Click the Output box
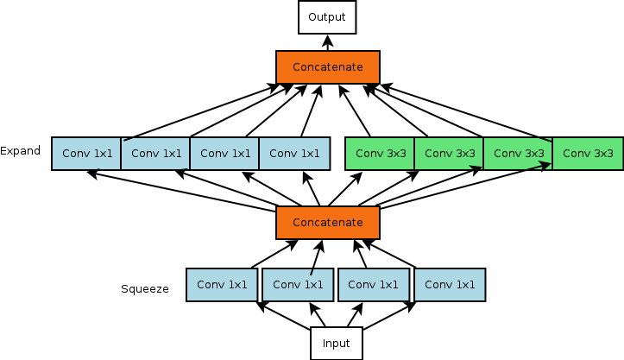(x=327, y=17)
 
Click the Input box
(x=337, y=344)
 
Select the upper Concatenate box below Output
(x=328, y=66)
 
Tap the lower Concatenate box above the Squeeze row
(x=328, y=222)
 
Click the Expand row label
(x=21, y=151)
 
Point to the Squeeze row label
(x=145, y=288)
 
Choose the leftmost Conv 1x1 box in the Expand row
(x=86, y=154)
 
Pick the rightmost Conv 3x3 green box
(x=588, y=154)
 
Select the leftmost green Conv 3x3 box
(x=380, y=154)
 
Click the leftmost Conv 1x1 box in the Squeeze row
(x=222, y=285)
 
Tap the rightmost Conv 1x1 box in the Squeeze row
(x=450, y=285)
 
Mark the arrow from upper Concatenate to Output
(x=327, y=42)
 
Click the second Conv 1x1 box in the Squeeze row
(x=298, y=285)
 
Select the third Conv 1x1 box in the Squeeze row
(x=374, y=285)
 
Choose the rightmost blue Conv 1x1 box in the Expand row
(x=294, y=154)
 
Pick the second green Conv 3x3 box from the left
(x=449, y=154)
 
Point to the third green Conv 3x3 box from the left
(x=518, y=154)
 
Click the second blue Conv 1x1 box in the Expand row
(x=155, y=154)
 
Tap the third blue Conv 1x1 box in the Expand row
(x=224, y=154)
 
